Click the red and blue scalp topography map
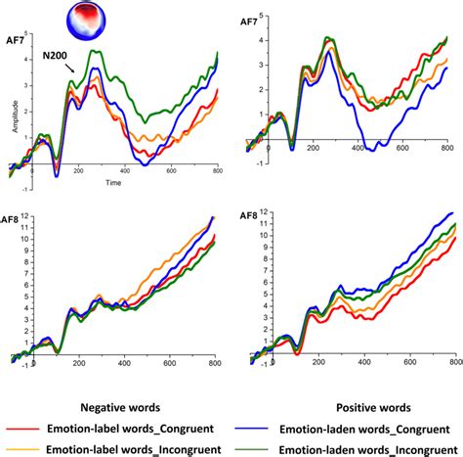click(89, 21)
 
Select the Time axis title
click(115, 183)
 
